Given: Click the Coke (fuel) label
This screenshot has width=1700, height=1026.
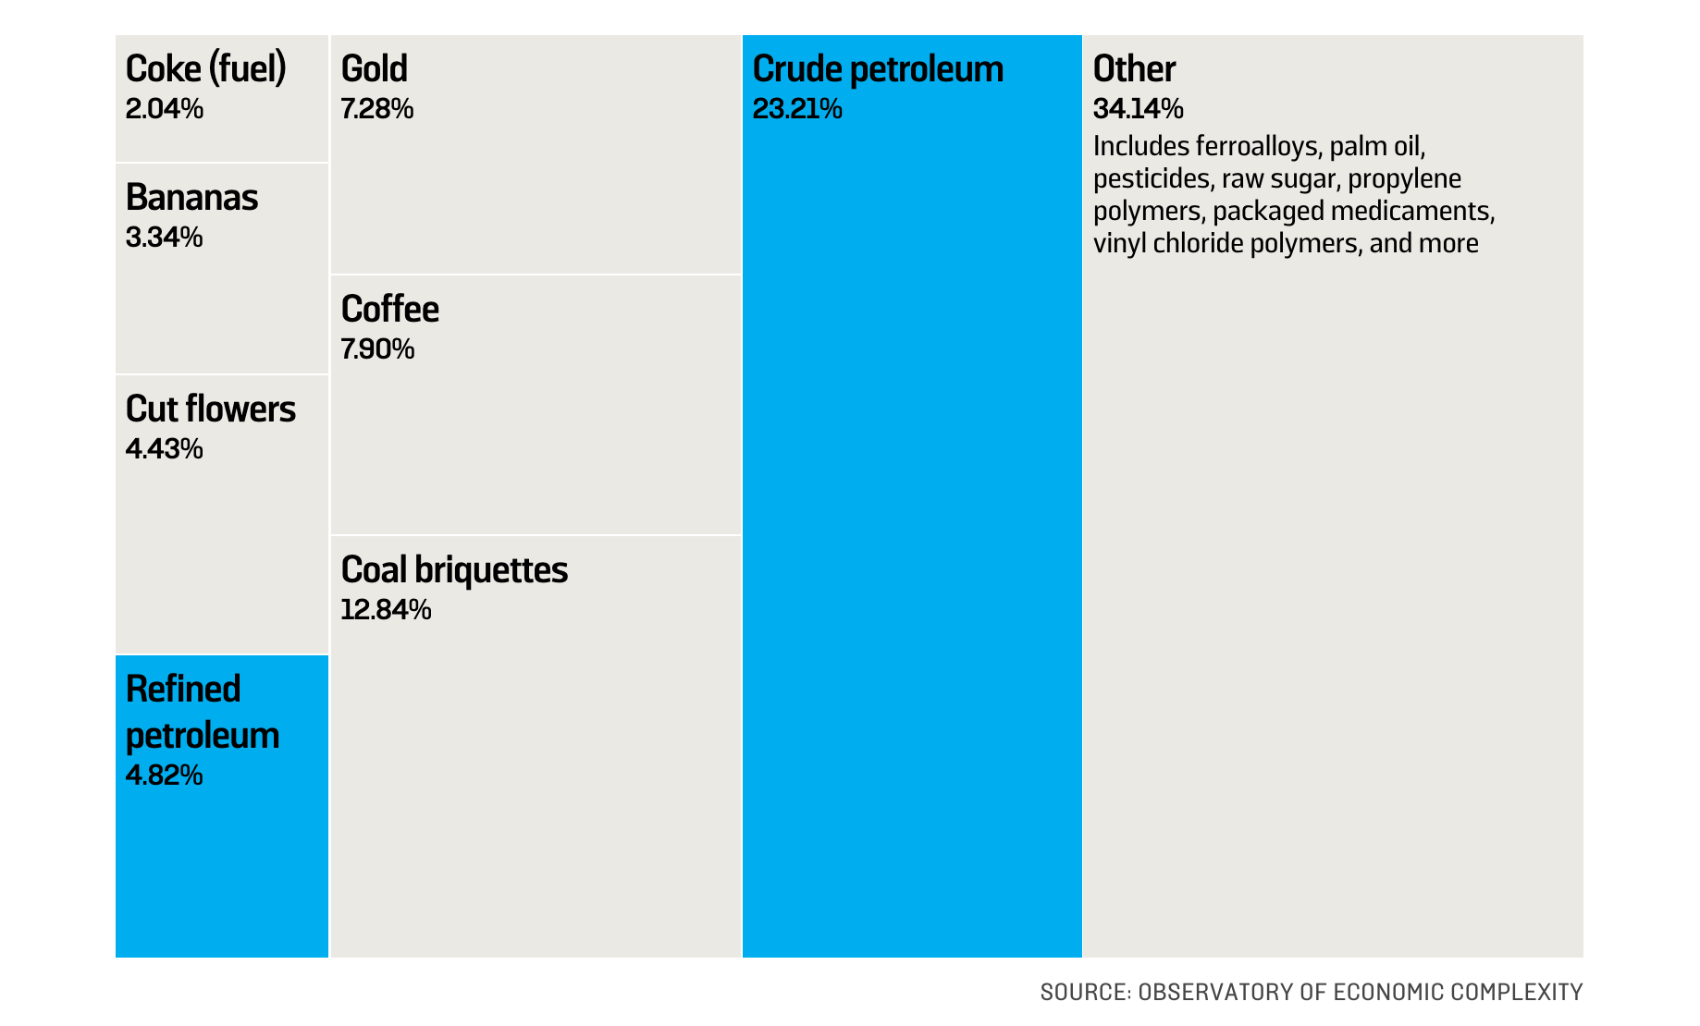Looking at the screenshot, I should tap(205, 69).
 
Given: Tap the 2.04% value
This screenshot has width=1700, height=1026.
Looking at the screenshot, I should tap(164, 109).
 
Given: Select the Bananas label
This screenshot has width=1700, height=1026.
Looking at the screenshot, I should tap(191, 198).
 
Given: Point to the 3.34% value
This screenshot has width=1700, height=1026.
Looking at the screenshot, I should tap(164, 238).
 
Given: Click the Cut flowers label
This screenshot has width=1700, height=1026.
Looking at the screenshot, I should tap(210, 409).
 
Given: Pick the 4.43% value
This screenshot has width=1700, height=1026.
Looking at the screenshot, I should tap(164, 449).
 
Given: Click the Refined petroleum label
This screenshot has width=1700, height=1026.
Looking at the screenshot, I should tap(202, 713).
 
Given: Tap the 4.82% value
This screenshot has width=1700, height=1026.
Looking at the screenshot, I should tap(164, 776).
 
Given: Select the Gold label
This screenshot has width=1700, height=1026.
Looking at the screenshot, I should tap(374, 69).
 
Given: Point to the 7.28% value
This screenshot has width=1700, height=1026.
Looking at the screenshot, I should tap(376, 109).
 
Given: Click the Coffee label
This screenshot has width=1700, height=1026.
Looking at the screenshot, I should tap(389, 310).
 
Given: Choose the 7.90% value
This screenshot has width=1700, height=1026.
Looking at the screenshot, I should tap(377, 349).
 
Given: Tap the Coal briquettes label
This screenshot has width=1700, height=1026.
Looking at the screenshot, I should tap(454, 570).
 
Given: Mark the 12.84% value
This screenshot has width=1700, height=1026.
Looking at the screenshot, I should tap(386, 610).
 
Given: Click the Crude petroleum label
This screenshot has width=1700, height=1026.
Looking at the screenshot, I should tap(878, 69).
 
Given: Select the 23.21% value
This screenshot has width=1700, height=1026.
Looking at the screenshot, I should tap(797, 109).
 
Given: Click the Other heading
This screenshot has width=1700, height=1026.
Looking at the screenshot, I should tap(1134, 69).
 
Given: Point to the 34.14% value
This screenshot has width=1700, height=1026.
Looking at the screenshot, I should tap(1138, 109).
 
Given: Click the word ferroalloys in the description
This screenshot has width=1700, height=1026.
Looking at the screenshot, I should tap(1256, 147).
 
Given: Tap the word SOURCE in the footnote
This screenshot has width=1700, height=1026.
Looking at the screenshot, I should tap(1081, 993).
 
